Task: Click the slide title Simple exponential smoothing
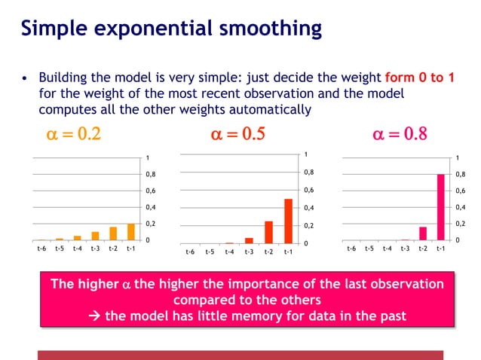tap(171, 29)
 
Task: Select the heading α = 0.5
tap(241, 136)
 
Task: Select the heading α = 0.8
tap(400, 136)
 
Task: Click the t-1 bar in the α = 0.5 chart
tap(288, 221)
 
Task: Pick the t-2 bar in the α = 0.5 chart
tap(268, 232)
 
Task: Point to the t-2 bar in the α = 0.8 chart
tap(423, 233)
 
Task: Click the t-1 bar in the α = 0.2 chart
tap(130, 231)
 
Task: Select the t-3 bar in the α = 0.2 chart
tap(95, 235)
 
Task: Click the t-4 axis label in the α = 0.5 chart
tap(229, 252)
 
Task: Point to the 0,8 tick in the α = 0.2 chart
tap(152, 174)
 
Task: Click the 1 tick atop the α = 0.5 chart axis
tap(305, 155)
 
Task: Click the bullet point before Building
tap(26, 79)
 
